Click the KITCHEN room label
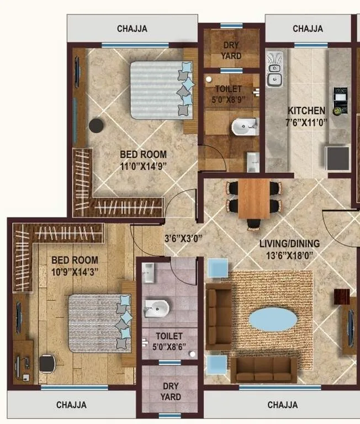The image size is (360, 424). [306, 110]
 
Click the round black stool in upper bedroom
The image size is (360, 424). [97, 125]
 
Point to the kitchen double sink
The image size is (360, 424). [274, 70]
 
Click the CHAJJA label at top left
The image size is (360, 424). [132, 29]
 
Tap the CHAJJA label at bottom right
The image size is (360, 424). [283, 405]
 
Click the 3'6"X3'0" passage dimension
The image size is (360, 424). [183, 239]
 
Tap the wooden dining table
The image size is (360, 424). [254, 198]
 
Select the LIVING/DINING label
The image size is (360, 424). [289, 243]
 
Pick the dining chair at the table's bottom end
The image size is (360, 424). [253, 223]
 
